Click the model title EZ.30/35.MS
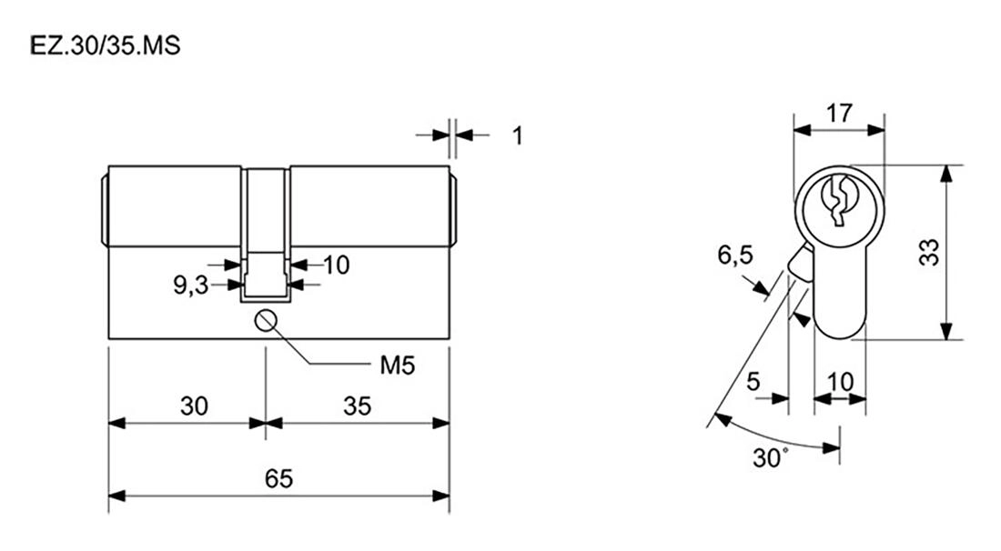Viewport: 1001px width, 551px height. pyautogui.click(x=106, y=45)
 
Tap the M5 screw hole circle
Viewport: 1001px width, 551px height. pyautogui.click(x=265, y=320)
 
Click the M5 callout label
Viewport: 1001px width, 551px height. pyautogui.click(x=397, y=366)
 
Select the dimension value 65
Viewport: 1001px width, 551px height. pyautogui.click(x=279, y=478)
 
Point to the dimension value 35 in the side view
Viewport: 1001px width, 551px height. pyautogui.click(x=357, y=406)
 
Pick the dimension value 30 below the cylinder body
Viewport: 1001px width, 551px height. pyautogui.click(x=194, y=406)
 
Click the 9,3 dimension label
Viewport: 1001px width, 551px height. pyautogui.click(x=191, y=286)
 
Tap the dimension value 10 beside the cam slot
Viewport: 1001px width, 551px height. pyautogui.click(x=337, y=265)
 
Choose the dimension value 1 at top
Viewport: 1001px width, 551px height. pyautogui.click(x=518, y=135)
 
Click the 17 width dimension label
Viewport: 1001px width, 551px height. pyautogui.click(x=839, y=114)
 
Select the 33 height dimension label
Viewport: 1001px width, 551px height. pyautogui.click(x=929, y=252)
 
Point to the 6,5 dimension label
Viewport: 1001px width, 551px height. pyautogui.click(x=735, y=255)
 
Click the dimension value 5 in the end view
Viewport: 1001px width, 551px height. pyautogui.click(x=753, y=381)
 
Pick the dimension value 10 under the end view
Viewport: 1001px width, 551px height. pyautogui.click(x=840, y=382)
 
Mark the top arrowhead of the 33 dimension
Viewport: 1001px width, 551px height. pyautogui.click(x=946, y=174)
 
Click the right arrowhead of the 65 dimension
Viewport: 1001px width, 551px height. pyautogui.click(x=441, y=496)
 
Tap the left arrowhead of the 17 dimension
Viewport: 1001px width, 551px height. pyautogui.click(x=803, y=129)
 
